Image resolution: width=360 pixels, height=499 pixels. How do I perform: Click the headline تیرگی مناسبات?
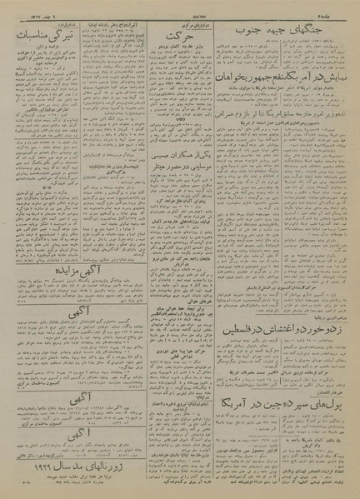tap(35, 37)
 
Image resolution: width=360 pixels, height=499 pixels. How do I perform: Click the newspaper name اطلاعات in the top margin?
tap(180, 7)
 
